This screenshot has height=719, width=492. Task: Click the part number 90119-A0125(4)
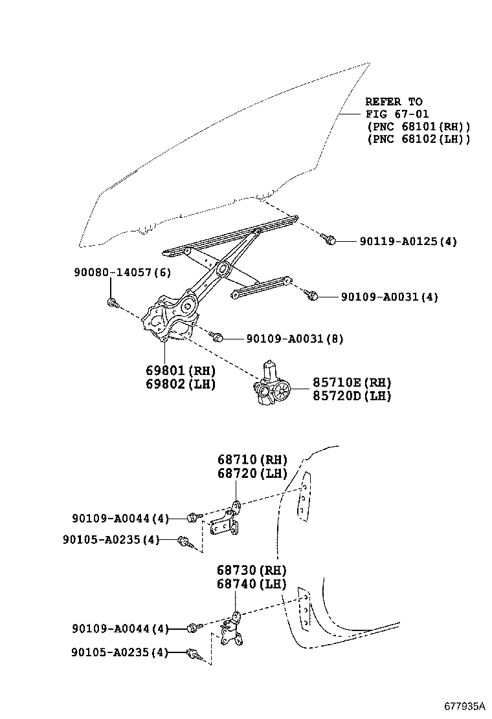click(408, 241)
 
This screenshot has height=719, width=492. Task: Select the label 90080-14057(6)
click(122, 273)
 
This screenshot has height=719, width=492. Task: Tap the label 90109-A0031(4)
click(390, 297)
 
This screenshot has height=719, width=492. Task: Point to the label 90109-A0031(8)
click(295, 338)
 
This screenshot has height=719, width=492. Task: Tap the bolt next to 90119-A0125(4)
click(329, 240)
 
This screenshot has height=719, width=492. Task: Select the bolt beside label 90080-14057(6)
click(113, 302)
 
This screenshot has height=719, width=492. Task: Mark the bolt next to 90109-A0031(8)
click(218, 337)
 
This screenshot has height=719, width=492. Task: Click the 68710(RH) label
click(252, 460)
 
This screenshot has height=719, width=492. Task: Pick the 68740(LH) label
click(252, 584)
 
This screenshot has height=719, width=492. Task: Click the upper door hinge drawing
click(226, 520)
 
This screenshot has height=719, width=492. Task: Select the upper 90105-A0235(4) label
click(111, 539)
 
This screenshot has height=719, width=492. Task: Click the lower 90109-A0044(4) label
click(120, 628)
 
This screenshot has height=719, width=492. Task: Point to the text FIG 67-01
click(393, 114)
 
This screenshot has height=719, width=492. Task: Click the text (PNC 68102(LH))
click(418, 138)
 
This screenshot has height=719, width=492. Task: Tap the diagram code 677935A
click(464, 705)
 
